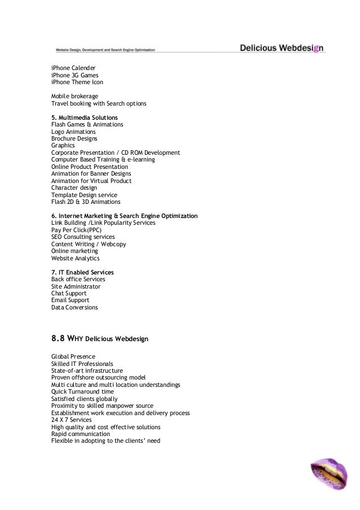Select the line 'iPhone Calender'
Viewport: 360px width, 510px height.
point(73,68)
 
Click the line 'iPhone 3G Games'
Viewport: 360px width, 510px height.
point(74,75)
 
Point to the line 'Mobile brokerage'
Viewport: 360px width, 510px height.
point(74,97)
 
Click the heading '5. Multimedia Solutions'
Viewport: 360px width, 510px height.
point(85,117)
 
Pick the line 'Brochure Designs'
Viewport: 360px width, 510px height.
point(74,138)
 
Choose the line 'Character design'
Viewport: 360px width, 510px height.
point(74,188)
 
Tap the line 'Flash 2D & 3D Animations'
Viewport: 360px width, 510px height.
point(86,202)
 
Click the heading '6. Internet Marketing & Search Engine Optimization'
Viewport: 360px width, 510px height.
point(124,216)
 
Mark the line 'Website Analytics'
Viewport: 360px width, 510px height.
point(75,258)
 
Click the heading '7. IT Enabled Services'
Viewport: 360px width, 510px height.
point(82,272)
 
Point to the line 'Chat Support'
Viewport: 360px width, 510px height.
point(69,293)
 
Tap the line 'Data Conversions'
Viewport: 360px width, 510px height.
point(74,307)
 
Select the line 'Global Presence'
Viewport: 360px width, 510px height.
point(73,356)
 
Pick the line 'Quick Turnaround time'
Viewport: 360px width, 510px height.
point(82,391)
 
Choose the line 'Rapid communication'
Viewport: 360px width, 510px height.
point(77,434)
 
